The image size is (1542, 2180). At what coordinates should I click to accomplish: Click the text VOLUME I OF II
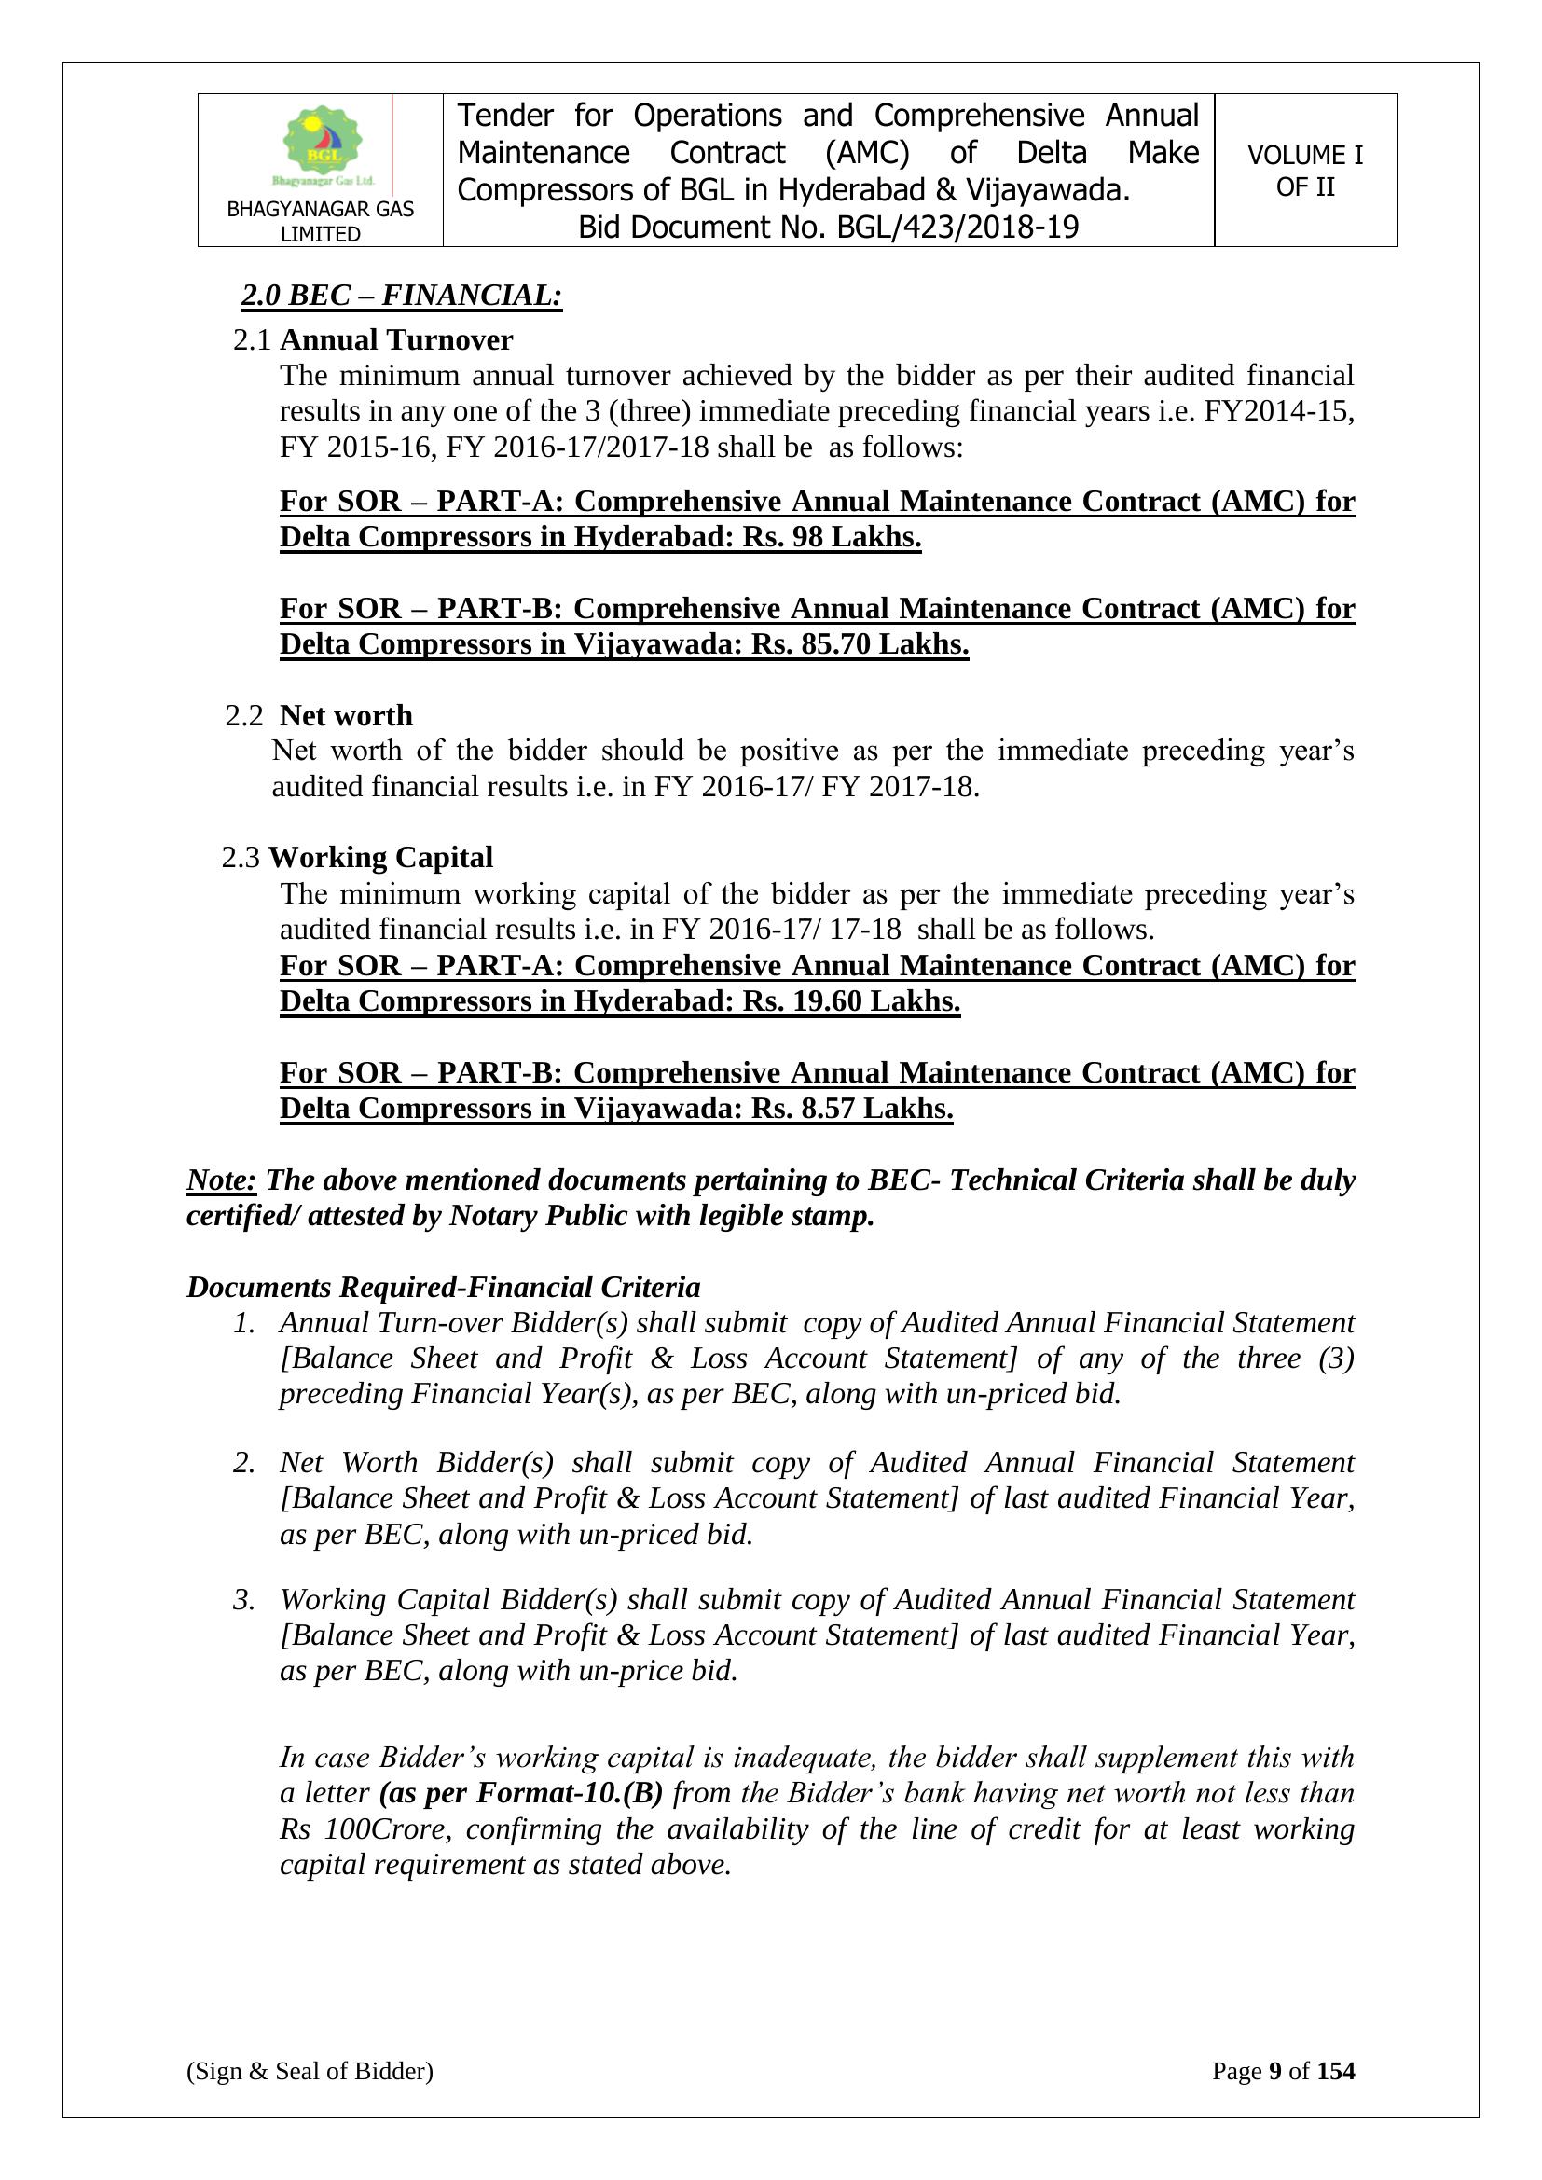(x=1304, y=171)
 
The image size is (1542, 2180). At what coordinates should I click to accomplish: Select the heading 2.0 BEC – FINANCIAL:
(x=402, y=296)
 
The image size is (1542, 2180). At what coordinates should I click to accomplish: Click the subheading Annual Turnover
(x=396, y=340)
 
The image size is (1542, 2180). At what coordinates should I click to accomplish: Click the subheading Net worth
(x=347, y=715)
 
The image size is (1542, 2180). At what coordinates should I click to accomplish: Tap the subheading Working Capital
(x=380, y=858)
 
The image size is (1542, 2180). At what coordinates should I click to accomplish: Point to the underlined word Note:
(x=221, y=1180)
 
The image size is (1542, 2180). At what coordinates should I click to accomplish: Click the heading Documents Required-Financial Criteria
(x=444, y=1288)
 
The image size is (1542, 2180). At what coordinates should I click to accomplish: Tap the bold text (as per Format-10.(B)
(x=520, y=1794)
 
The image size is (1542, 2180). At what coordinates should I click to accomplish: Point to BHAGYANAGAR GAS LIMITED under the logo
(x=320, y=221)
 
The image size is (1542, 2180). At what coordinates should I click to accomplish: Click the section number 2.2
(x=244, y=716)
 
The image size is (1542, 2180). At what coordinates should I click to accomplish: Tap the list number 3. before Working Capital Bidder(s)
(x=244, y=1600)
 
